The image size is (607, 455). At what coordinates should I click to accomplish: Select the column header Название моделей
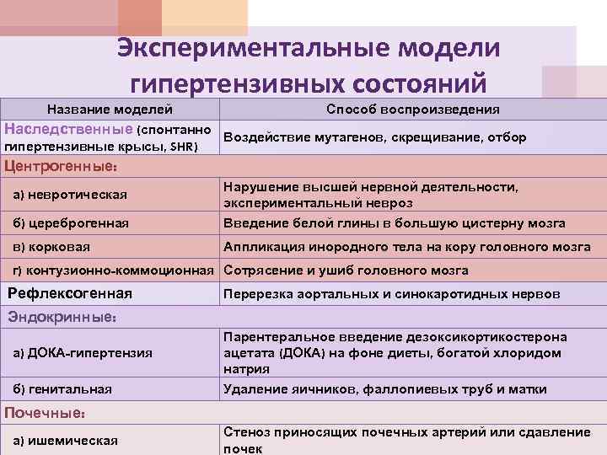click(110, 110)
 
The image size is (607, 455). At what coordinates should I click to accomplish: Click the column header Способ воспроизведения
click(412, 110)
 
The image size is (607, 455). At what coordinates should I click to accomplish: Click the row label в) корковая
click(52, 247)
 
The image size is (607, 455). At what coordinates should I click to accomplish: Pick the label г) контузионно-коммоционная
click(113, 270)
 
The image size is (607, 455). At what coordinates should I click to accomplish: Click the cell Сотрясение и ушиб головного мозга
click(346, 270)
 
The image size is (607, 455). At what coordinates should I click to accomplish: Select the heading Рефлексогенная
click(70, 294)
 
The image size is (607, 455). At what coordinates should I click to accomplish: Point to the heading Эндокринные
click(61, 318)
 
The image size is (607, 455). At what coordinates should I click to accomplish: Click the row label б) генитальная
click(63, 389)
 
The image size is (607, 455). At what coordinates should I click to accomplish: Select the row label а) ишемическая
click(65, 441)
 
